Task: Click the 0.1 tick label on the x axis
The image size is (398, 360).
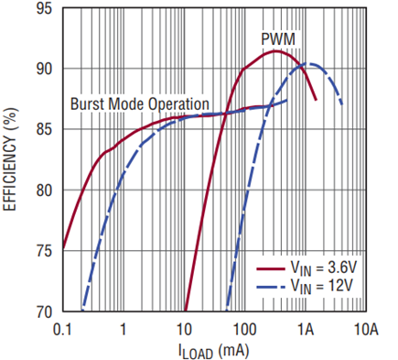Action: pos(62,330)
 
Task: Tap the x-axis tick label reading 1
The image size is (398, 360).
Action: pos(124,330)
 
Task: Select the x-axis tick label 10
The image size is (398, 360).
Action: pos(184,330)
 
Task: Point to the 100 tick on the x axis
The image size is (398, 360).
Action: pos(244,330)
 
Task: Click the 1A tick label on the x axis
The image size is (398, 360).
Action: pos(306,330)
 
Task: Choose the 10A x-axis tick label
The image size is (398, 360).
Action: pos(365,330)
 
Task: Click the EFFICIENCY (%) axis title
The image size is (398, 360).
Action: pos(10,158)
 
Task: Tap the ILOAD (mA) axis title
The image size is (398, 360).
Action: pos(213,351)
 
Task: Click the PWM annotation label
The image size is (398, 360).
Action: pos(278,39)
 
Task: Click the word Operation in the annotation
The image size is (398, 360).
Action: pos(178,105)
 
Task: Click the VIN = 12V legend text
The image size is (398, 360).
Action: pos(321,288)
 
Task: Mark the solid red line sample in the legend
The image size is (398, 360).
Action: pos(271,268)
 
